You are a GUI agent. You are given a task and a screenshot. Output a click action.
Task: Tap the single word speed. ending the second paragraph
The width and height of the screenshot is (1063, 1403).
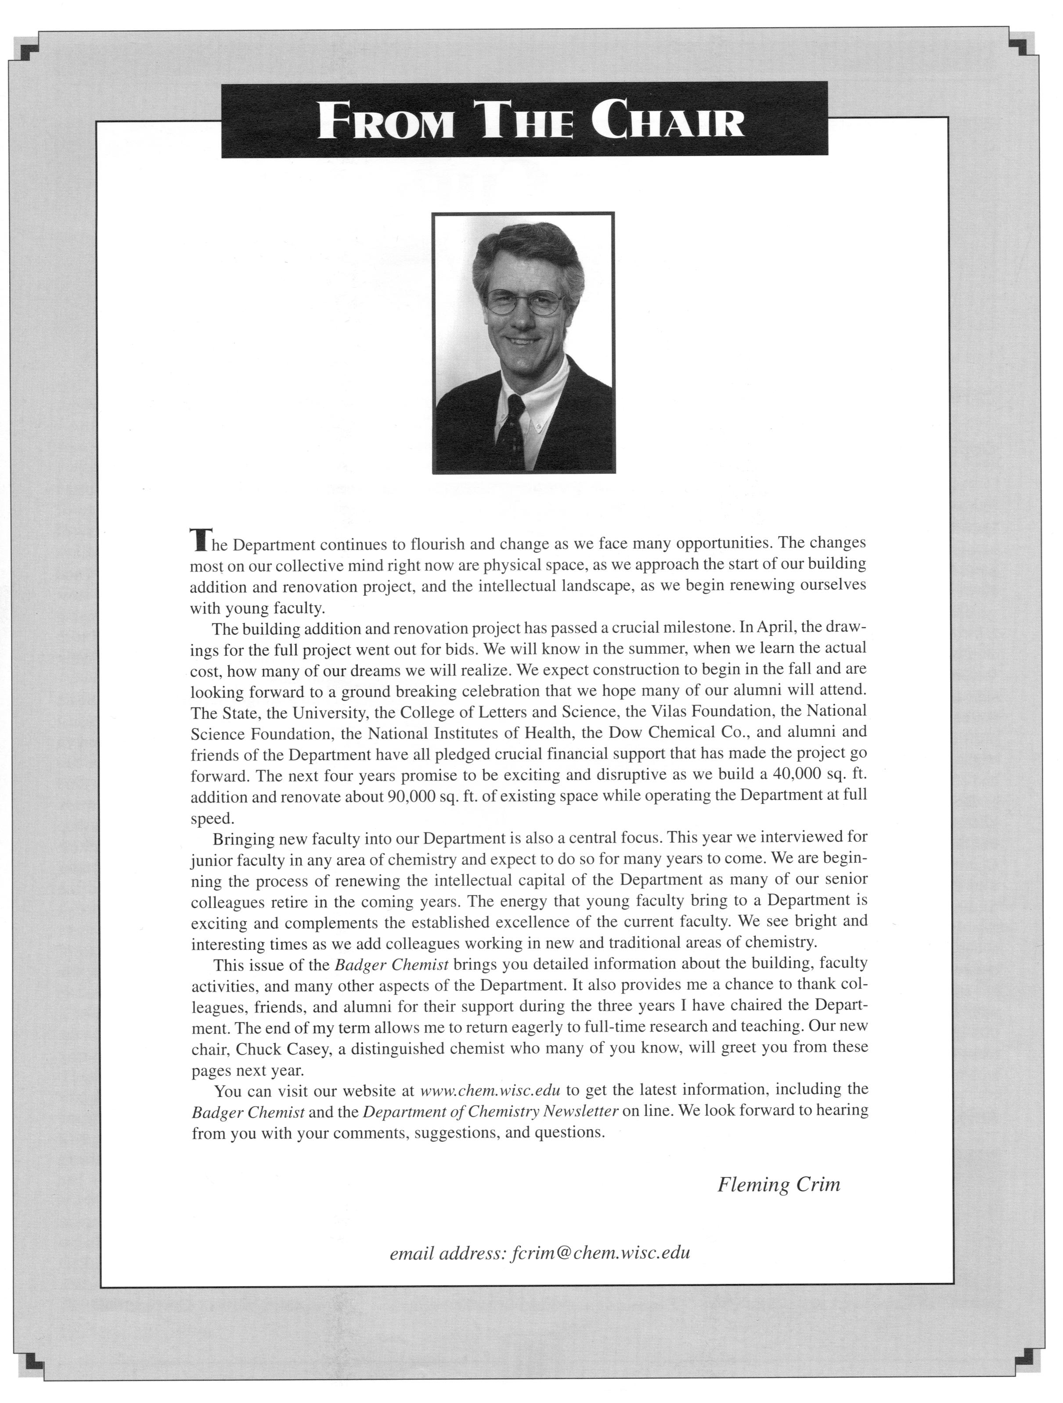pos(213,818)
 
